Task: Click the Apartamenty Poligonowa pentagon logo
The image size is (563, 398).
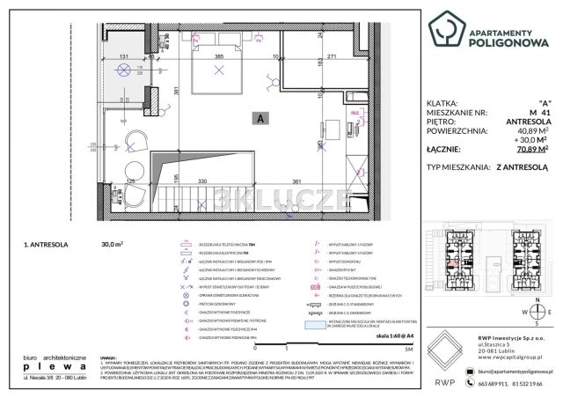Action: (445, 29)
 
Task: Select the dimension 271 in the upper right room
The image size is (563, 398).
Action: (333, 55)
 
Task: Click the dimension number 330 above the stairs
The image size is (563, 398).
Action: (201, 181)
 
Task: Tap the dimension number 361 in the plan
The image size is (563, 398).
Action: (296, 181)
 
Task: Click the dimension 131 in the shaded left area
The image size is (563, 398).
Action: (123, 55)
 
